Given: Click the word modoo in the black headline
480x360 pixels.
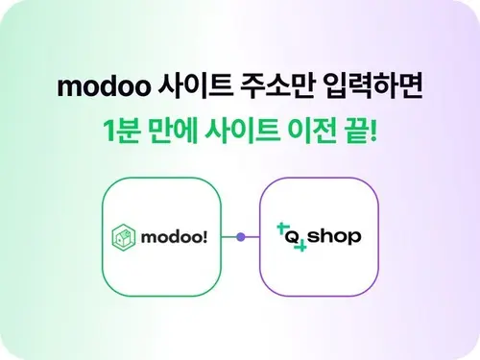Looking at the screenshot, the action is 104,86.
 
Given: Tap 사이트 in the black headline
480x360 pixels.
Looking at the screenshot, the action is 196,85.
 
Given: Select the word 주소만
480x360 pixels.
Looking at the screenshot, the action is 277,85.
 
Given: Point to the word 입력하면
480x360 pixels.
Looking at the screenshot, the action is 372,85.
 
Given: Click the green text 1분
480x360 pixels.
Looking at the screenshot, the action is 122,131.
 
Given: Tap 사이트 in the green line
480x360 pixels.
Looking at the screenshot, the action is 242,131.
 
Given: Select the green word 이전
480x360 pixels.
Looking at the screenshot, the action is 312,131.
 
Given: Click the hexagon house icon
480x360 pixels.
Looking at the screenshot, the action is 124,237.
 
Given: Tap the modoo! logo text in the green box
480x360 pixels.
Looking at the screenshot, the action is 175,237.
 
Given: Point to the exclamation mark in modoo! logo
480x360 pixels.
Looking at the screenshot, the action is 204,237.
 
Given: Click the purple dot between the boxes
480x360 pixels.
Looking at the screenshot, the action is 241,237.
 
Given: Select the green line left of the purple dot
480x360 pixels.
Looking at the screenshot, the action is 229,237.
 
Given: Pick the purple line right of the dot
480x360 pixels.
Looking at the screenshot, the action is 252,237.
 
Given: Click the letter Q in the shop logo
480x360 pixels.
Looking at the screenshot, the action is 292,238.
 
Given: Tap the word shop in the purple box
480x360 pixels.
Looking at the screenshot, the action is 334,237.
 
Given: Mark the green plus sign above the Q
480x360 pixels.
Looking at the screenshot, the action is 281,228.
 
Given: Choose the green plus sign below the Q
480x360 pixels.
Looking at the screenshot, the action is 300,247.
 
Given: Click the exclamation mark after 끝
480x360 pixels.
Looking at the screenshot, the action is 372,131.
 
